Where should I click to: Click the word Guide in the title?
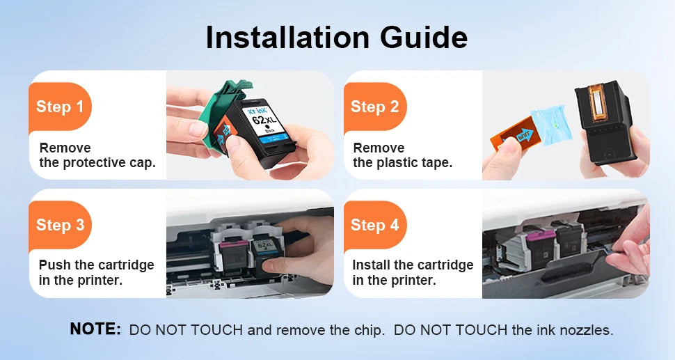click(424, 38)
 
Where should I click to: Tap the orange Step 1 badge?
click(60, 107)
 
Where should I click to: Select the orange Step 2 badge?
click(374, 107)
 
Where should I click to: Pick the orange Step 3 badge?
click(60, 225)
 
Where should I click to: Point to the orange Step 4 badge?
click(374, 225)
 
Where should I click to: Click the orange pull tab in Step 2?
click(514, 134)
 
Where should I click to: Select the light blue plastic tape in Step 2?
click(551, 125)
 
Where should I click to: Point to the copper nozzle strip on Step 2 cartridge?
click(597, 102)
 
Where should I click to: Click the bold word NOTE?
click(95, 329)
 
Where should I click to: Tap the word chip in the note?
click(368, 330)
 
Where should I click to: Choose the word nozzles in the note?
click(586, 330)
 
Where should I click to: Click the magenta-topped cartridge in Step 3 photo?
click(235, 256)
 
